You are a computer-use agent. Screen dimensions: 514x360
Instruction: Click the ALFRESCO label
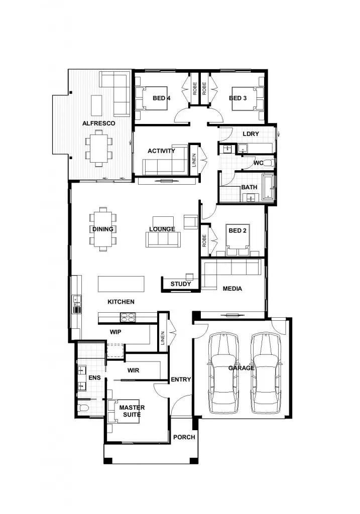(99, 123)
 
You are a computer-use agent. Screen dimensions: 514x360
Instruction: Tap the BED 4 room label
(161, 98)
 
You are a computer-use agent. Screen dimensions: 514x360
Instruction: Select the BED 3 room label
(237, 98)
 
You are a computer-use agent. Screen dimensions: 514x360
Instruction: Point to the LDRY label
(251, 134)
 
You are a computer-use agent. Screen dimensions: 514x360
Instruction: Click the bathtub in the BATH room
(268, 188)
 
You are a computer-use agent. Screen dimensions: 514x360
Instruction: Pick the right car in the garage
(266, 370)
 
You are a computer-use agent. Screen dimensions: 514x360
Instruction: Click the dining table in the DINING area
(103, 229)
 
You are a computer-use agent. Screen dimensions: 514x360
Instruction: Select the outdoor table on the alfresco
(98, 148)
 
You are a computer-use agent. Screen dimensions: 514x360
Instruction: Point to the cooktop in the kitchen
(128, 317)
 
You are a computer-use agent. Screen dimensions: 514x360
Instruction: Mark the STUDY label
(180, 284)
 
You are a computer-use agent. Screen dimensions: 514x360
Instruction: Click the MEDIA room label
(232, 289)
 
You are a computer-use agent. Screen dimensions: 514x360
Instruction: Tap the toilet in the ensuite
(84, 407)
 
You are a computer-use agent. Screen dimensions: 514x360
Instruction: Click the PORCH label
(184, 437)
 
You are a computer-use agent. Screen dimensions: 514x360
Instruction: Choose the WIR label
(133, 370)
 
